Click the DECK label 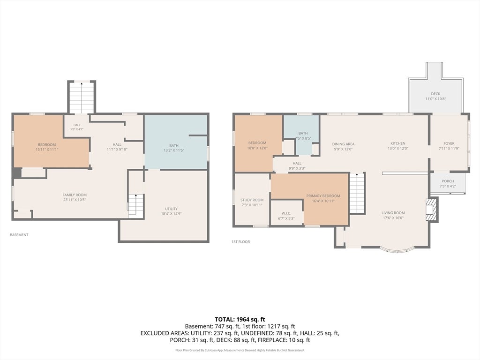tap(435, 94)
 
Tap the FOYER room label tap(449, 143)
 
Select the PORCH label tap(448, 181)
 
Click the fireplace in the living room tap(431, 210)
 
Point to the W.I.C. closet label tap(286, 213)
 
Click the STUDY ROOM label tap(252, 200)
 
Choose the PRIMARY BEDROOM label tap(323, 196)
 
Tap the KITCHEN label tap(397, 143)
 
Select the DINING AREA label tap(343, 144)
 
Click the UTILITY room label tap(171, 209)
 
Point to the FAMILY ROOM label tap(75, 195)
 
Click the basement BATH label tap(173, 146)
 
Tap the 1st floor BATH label tap(303, 133)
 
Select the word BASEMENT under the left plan tap(19, 235)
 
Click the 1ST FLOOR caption tap(240, 242)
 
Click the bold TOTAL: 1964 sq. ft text tap(240, 320)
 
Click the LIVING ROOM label tap(393, 213)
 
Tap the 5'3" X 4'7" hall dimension tap(76, 129)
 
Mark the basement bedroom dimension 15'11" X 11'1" tap(47, 150)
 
